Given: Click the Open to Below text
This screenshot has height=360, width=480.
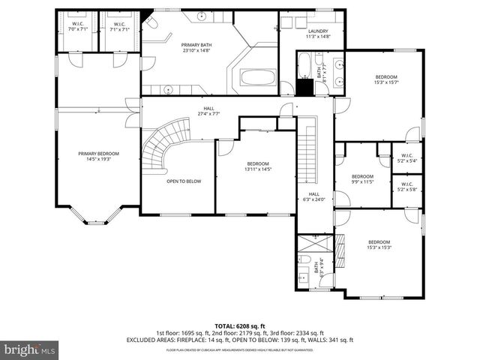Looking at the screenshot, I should (x=184, y=181).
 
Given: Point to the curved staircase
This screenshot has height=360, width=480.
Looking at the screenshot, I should (x=159, y=146).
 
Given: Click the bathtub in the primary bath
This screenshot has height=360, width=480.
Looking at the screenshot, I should (x=258, y=77).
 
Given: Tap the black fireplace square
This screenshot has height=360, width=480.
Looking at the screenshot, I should (x=304, y=87).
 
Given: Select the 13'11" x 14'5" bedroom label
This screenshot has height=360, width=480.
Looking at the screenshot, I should (x=257, y=166).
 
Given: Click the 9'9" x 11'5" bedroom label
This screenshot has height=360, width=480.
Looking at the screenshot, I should (x=362, y=179).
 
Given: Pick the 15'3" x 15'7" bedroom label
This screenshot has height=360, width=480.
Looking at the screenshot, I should (x=386, y=79).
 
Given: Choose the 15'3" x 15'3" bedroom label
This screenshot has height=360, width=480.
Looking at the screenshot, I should (x=379, y=244).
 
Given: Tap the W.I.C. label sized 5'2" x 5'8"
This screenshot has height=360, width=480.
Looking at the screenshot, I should (x=407, y=187).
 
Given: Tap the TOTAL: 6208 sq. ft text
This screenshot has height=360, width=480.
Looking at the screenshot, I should (x=239, y=325).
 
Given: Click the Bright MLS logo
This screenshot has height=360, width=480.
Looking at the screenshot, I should (x=30, y=349).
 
